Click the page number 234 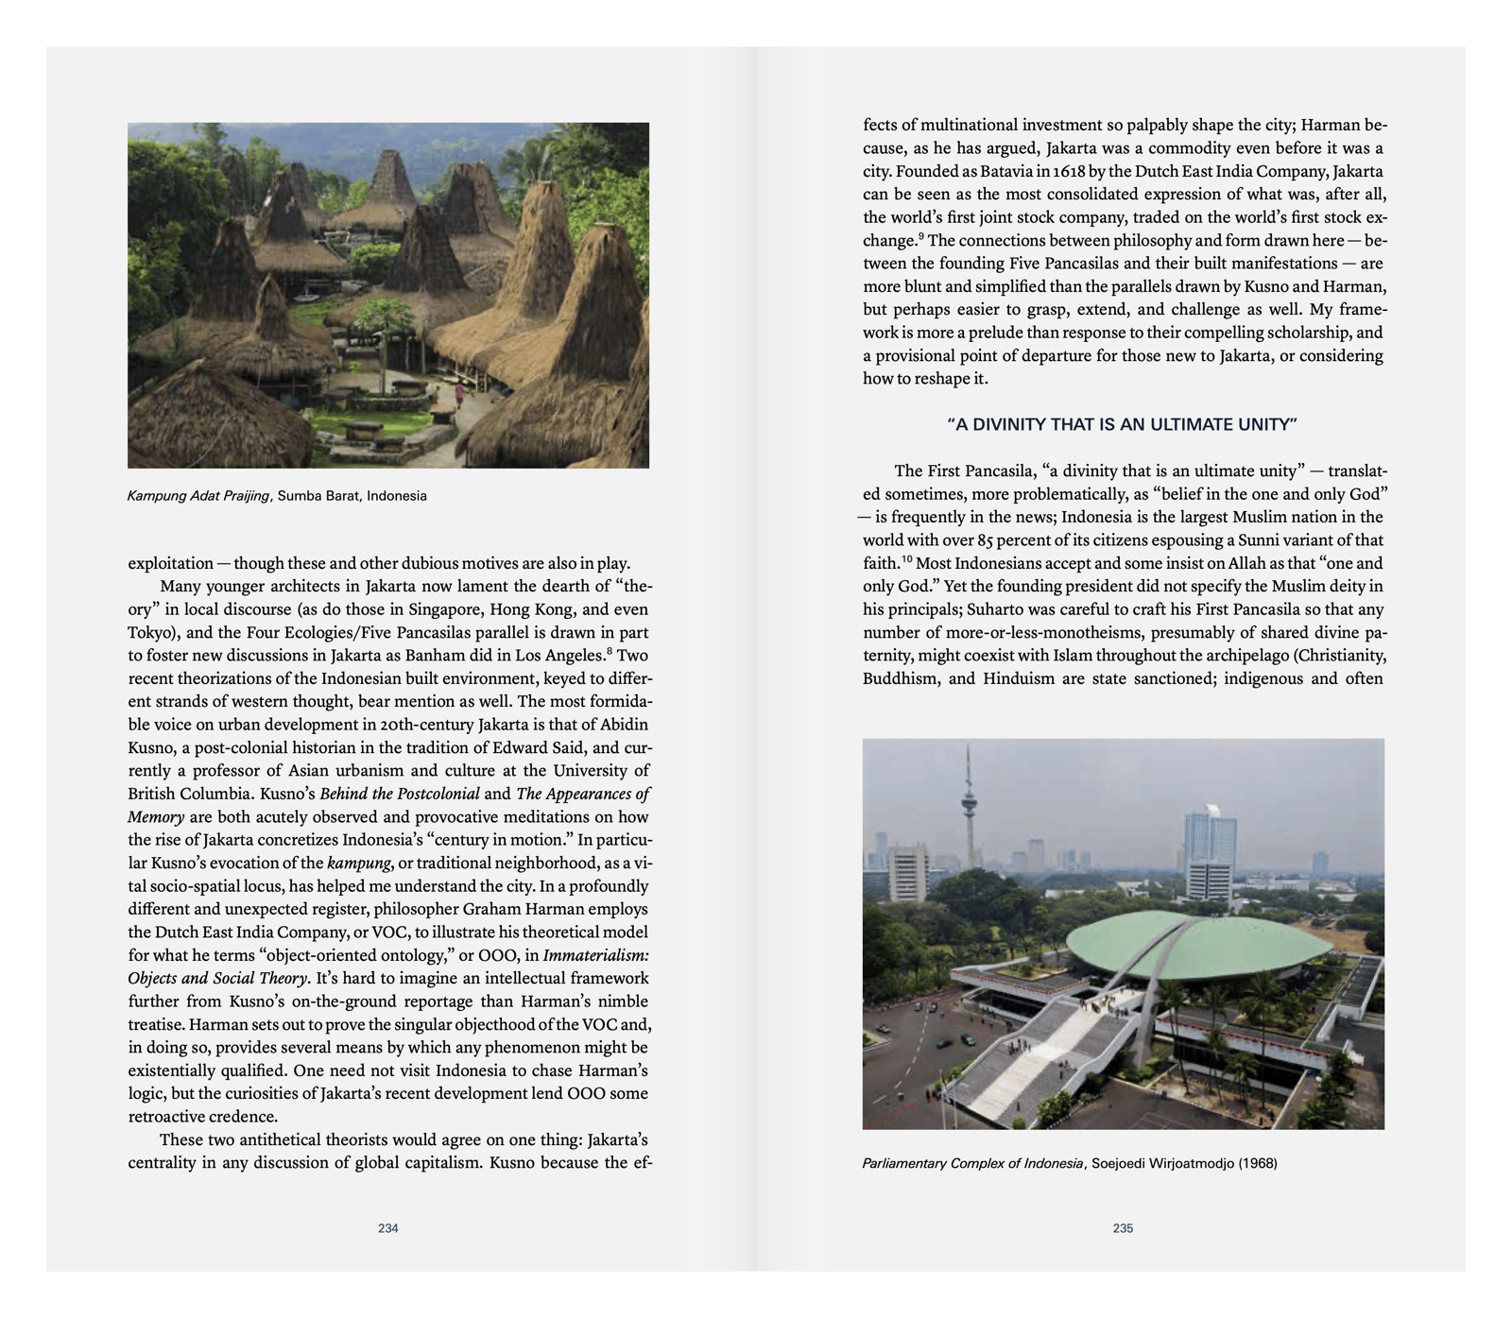(387, 1228)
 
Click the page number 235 (1123, 1228)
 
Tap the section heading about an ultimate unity (1123, 425)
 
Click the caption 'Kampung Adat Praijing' (198, 496)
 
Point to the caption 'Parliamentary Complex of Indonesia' (972, 1163)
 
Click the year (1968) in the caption (1257, 1163)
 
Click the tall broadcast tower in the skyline (968, 803)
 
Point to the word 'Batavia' (1000, 171)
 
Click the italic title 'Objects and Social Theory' (217, 978)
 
